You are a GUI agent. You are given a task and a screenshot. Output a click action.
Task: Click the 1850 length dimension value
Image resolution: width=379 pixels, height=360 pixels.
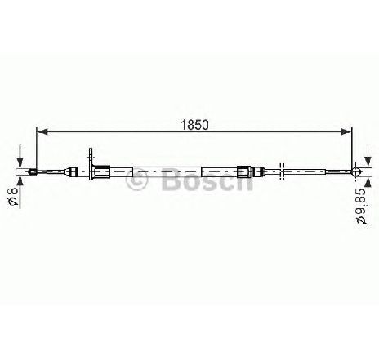point(194,125)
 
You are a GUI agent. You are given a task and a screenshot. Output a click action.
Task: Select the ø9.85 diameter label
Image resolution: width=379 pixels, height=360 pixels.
point(361,206)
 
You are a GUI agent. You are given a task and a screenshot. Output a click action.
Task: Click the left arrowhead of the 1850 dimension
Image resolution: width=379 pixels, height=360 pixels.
point(42,132)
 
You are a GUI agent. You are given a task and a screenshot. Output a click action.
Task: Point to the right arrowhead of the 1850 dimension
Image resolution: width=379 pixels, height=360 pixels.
point(346,132)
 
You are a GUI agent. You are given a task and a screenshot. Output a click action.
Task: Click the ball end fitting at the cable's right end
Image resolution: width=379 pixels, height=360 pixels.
point(356,171)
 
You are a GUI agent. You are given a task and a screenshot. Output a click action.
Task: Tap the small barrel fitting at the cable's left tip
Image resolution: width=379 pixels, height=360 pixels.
point(33,171)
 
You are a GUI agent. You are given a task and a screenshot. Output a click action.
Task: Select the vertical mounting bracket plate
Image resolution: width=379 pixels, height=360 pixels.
point(91,164)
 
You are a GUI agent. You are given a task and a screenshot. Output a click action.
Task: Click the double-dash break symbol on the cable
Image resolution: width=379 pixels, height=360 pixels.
point(282,171)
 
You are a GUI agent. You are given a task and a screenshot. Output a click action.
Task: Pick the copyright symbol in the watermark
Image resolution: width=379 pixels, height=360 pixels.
point(136,179)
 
